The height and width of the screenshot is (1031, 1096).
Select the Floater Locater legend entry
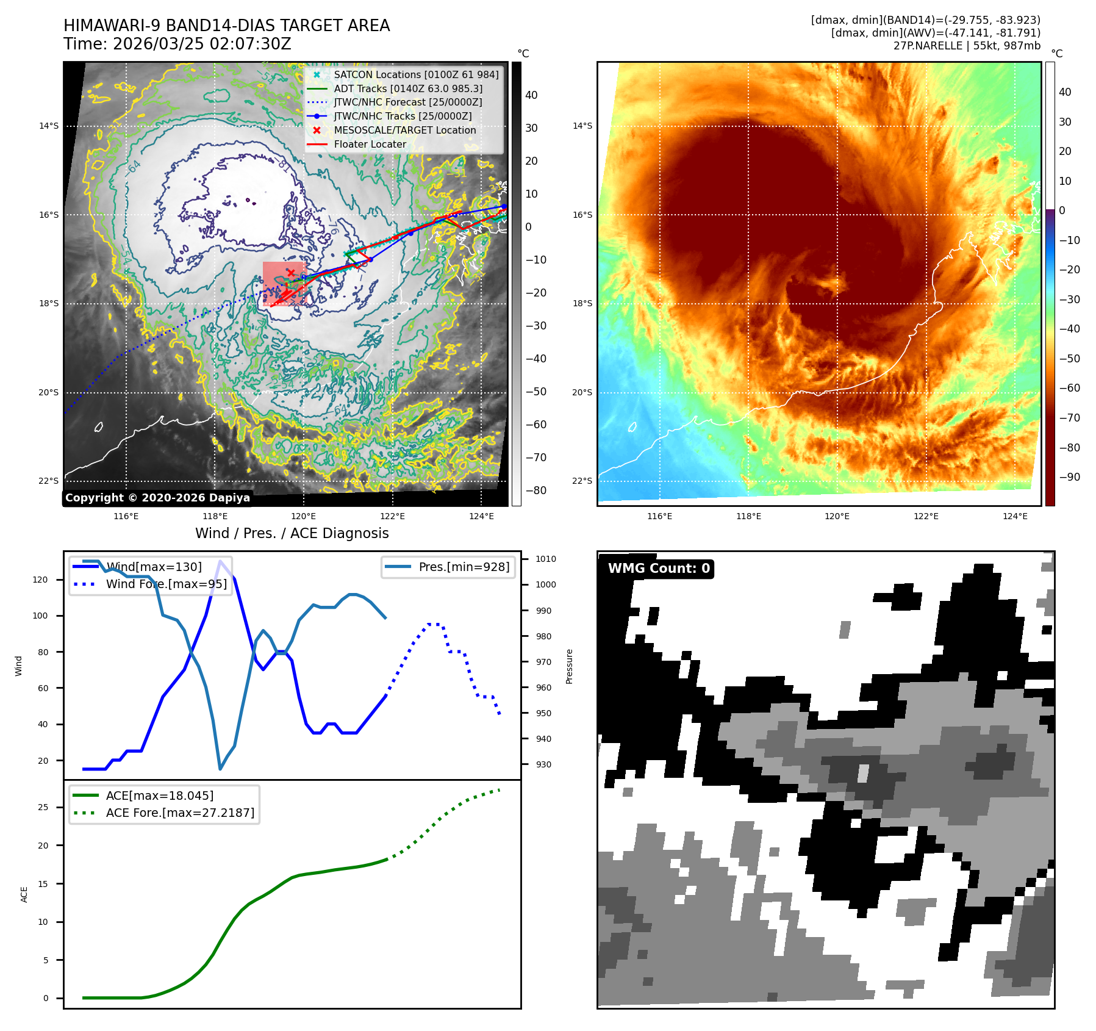[370, 144]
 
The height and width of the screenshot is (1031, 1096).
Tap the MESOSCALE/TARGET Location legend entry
[404, 130]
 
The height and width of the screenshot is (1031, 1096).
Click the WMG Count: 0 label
[659, 569]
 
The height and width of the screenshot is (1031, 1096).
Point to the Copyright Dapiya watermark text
[157, 498]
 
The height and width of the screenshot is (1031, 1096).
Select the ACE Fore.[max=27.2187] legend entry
[180, 813]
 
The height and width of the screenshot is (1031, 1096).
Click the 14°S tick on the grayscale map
[49, 126]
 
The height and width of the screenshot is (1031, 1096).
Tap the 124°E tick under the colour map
[1015, 516]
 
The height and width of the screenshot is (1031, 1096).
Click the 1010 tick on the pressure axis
[546, 559]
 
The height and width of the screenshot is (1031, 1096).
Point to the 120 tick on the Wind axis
[40, 580]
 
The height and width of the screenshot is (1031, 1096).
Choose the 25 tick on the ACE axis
[43, 807]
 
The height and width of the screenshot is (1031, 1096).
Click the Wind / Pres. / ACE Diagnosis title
[292, 533]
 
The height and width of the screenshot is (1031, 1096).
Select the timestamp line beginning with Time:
[177, 44]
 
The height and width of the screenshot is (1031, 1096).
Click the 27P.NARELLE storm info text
[967, 46]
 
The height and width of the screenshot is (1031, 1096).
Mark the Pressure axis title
[569, 666]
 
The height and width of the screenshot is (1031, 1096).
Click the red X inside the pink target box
[291, 273]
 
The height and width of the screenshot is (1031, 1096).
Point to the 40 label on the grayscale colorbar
[531, 95]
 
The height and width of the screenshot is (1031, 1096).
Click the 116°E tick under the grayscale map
[126, 516]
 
